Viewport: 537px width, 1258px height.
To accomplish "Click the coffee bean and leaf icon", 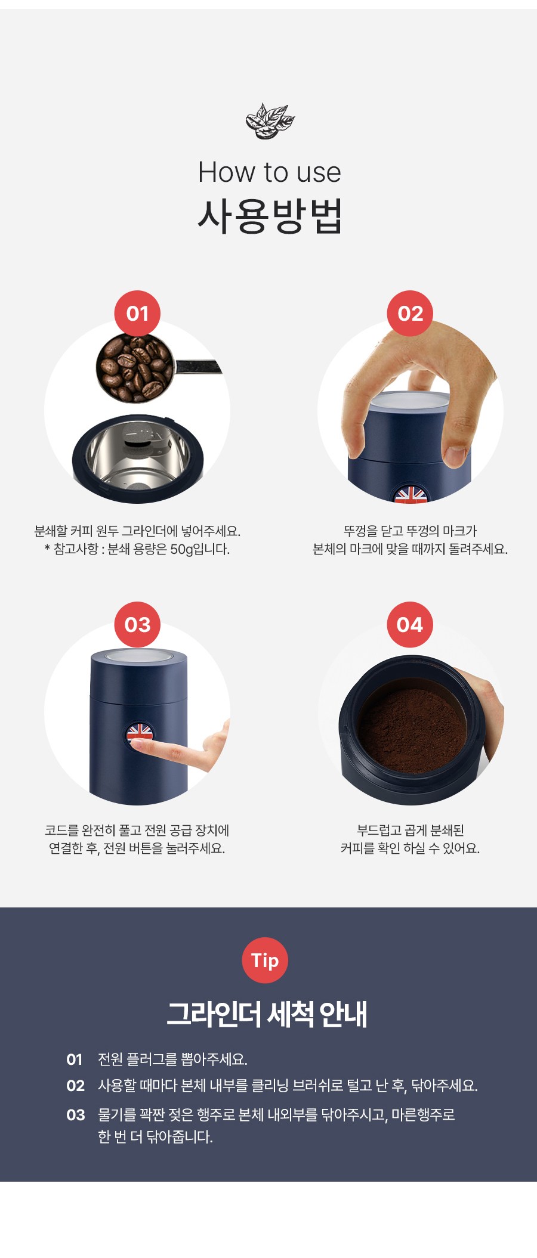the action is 270,121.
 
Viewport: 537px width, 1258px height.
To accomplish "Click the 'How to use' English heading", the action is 270,172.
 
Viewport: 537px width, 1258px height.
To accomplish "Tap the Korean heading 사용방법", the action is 270,216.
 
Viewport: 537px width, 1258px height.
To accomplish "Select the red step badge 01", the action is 137,314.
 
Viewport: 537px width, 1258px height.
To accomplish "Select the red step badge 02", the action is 411,314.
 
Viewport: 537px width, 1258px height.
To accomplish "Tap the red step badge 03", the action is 137,625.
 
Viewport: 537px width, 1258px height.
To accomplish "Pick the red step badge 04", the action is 410,625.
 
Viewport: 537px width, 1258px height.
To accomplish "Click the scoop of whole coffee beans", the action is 134,367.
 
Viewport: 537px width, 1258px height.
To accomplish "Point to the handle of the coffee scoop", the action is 197,367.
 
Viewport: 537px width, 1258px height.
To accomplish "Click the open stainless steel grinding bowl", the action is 138,458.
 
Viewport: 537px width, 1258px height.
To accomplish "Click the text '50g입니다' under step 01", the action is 200,549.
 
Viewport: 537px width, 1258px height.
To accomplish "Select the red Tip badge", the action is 265,960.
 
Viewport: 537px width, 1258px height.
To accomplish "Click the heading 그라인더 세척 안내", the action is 267,1014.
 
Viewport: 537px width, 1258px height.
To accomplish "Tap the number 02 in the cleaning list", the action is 76,1086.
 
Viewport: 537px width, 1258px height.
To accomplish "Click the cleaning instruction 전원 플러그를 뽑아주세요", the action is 172,1059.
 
